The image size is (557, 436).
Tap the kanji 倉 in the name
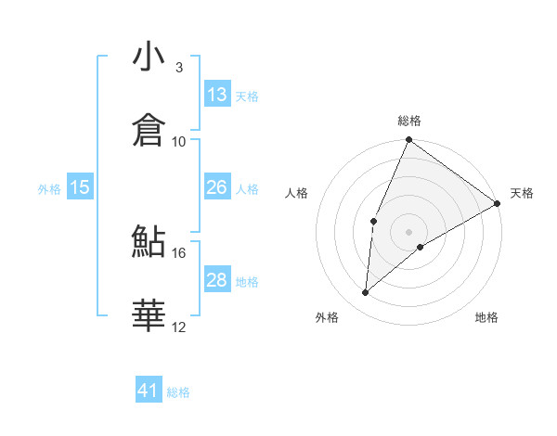click(x=149, y=129)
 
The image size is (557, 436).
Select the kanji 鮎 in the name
click(x=149, y=240)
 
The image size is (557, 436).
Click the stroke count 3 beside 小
click(x=179, y=68)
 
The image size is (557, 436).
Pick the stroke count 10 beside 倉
click(x=179, y=141)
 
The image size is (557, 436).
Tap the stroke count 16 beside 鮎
click(x=179, y=251)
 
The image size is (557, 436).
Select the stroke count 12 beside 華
click(x=179, y=327)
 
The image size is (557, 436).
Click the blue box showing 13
click(x=217, y=95)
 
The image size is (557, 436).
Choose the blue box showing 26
click(x=217, y=187)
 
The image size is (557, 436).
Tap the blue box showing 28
click(x=217, y=280)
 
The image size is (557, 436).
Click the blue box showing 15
click(x=80, y=187)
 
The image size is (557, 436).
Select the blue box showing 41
click(x=149, y=391)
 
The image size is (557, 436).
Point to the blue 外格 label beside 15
click(x=49, y=189)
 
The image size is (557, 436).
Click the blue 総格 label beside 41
click(x=178, y=392)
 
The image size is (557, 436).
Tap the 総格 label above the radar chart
click(x=408, y=121)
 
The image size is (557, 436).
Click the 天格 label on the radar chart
click(x=522, y=193)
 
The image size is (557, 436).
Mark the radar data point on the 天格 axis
click(x=497, y=203)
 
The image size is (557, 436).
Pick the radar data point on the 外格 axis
click(x=366, y=293)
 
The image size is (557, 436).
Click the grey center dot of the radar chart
click(x=408, y=231)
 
